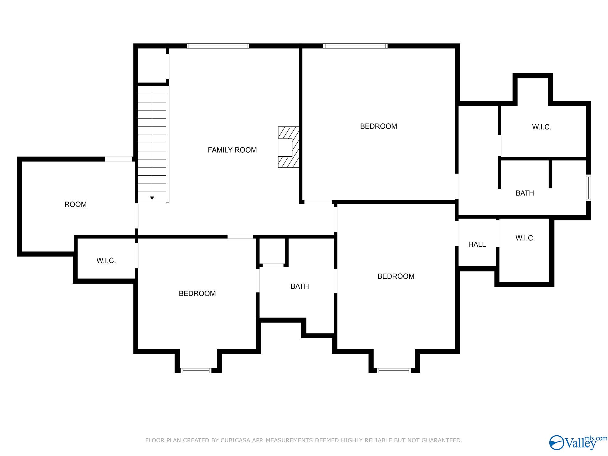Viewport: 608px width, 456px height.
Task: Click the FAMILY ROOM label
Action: pos(232,150)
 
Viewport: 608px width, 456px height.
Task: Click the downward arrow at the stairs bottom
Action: pos(152,198)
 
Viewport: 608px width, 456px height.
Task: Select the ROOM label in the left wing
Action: pos(75,204)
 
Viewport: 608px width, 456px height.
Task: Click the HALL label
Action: pos(477,244)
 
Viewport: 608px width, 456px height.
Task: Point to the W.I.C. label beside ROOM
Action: pos(106,261)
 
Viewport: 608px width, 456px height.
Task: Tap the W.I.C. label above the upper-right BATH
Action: pos(541,127)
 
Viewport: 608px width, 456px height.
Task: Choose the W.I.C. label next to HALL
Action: pos(525,238)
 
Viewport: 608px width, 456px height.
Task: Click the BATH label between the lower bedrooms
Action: pos(299,286)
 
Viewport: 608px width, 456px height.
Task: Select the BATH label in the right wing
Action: pos(525,193)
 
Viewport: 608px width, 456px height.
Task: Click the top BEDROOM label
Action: pos(378,126)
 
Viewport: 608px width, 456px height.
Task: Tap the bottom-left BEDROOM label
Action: pos(197,293)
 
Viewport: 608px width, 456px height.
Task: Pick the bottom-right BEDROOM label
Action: pos(396,276)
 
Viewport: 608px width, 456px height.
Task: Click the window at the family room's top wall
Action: pos(218,46)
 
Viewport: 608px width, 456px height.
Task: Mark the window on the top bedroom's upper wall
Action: pos(355,46)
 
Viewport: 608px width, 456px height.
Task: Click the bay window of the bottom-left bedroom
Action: pos(196,370)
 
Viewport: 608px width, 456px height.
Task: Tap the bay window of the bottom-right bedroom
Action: pos(394,370)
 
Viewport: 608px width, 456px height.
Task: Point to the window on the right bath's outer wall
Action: pos(588,188)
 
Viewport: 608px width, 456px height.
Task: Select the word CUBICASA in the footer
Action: pos(236,440)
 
